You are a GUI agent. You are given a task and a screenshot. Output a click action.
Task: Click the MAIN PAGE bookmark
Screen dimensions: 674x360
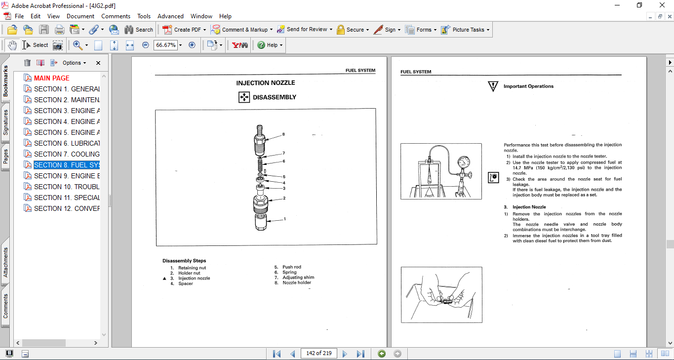pyautogui.click(x=51, y=78)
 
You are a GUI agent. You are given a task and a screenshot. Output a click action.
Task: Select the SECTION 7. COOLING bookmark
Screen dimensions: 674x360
pyautogui.click(x=67, y=154)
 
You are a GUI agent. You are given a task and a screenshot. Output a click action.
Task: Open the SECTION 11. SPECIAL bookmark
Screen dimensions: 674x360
pyautogui.click(x=67, y=198)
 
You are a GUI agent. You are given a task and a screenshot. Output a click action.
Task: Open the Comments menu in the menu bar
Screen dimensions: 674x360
pyautogui.click(x=116, y=16)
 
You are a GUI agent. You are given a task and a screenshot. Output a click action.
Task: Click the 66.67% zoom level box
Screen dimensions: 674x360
pyautogui.click(x=165, y=45)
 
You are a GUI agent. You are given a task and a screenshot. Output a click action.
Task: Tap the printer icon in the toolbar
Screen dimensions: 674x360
pyautogui.click(x=59, y=30)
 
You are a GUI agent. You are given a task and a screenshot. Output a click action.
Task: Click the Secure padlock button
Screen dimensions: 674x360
pyautogui.click(x=340, y=30)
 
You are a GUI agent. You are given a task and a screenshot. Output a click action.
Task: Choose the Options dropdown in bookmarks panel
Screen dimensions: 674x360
pyautogui.click(x=74, y=63)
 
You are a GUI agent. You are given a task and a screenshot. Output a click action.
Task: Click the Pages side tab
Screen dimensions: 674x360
pyautogui.click(x=5, y=157)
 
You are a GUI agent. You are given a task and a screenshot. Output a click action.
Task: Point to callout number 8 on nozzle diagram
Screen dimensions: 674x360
pyautogui.click(x=283, y=134)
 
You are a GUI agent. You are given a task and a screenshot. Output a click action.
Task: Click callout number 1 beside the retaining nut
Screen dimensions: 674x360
pyautogui.click(x=284, y=219)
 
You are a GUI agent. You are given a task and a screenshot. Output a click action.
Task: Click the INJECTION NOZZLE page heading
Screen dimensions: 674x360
pyautogui.click(x=265, y=83)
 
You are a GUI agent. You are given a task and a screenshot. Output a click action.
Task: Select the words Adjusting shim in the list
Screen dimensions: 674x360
pyautogui.click(x=298, y=277)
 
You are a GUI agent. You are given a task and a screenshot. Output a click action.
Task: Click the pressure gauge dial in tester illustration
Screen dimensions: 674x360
pyautogui.click(x=464, y=162)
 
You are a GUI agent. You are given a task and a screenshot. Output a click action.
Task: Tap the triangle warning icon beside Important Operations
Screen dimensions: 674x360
pyautogui.click(x=493, y=86)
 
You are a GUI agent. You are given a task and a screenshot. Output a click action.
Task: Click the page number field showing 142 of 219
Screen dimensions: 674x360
pyautogui.click(x=318, y=353)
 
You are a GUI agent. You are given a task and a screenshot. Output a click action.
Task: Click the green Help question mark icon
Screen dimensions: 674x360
pyautogui.click(x=261, y=45)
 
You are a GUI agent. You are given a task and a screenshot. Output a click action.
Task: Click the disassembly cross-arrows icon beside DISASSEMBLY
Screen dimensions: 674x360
pyautogui.click(x=244, y=97)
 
